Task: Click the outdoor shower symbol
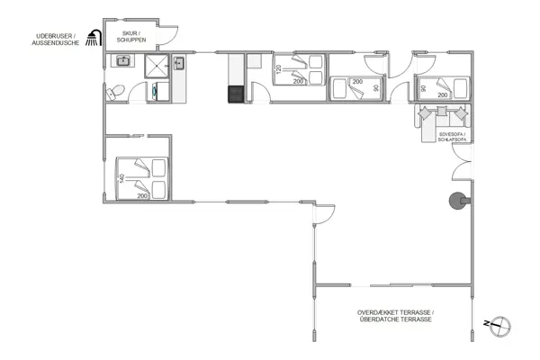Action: [92, 38]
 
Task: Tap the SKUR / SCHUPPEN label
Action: [130, 37]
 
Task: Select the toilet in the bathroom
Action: [113, 91]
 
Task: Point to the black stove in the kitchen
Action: [237, 94]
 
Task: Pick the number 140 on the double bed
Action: [121, 179]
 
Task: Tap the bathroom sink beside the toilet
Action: [123, 61]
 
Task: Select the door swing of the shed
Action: [170, 32]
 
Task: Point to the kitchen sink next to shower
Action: [179, 63]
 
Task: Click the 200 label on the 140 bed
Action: [141, 195]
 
